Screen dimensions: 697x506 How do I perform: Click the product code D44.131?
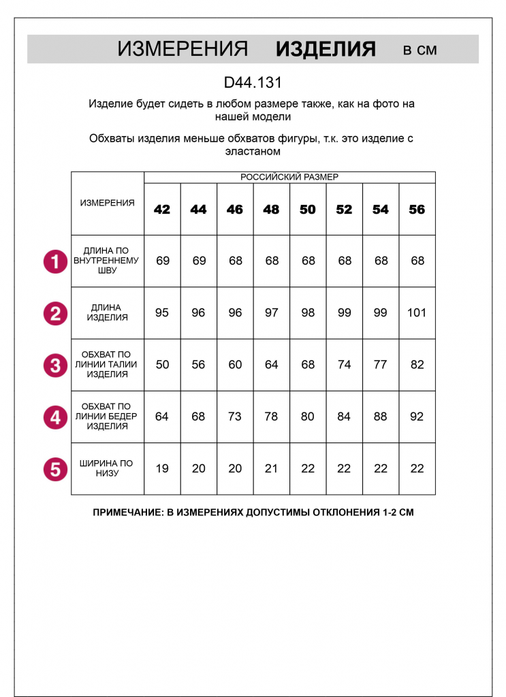coord(253,83)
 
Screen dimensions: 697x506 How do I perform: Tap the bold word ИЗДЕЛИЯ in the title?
coord(326,49)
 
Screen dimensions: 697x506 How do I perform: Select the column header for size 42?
coord(162,210)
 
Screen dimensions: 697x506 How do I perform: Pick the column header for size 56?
coord(417,210)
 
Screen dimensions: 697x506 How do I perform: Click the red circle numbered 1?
coord(55,261)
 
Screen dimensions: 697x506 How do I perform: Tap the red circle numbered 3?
coord(55,365)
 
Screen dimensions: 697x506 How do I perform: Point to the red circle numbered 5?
coord(55,469)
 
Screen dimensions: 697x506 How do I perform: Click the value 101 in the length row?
coord(417,312)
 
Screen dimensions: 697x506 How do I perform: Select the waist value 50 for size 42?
coord(162,365)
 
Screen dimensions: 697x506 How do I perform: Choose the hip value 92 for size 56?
coord(417,417)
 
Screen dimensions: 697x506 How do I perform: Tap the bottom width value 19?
coord(162,468)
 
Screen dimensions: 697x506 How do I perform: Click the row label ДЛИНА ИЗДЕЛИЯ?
coord(108,312)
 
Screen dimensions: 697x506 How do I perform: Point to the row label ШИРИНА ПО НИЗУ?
coord(108,468)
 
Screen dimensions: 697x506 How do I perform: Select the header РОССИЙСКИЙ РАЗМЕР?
coord(289,177)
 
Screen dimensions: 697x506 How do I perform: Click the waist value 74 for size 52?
coord(344,365)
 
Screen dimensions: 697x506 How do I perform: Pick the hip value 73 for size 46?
coord(235,417)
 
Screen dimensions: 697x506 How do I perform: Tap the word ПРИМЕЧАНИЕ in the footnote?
coord(127,513)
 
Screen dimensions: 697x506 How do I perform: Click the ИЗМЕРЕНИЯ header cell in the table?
coord(108,203)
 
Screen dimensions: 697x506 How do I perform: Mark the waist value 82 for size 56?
coord(417,365)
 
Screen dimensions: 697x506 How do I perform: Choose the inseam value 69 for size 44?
coord(199,261)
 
